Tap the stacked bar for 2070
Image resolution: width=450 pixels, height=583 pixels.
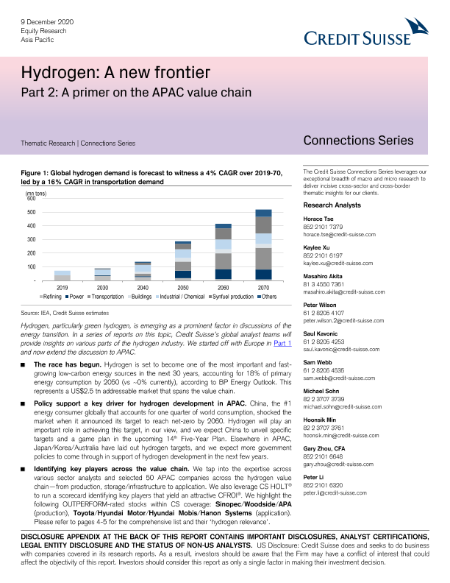(263, 244)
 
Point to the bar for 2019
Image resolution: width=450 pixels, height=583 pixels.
(63, 275)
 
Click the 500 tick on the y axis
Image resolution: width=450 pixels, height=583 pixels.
(31, 212)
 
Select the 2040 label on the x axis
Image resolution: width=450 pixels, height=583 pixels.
(143, 286)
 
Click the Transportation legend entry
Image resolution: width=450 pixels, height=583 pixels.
(109, 295)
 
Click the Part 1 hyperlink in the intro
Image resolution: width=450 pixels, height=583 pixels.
(282, 343)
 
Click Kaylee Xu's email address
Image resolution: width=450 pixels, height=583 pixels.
(338, 263)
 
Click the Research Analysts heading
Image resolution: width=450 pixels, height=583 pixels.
(333, 205)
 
